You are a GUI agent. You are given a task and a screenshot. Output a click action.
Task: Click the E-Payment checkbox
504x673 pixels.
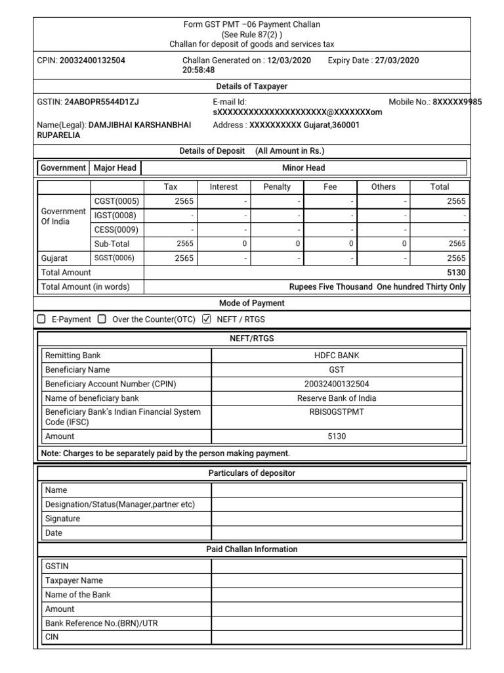pyautogui.click(x=41, y=319)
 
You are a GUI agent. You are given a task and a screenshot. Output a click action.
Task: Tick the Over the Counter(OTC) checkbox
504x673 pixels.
pyautogui.click(x=102, y=319)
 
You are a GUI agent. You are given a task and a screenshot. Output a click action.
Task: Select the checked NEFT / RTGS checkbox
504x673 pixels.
pyautogui.click(x=207, y=319)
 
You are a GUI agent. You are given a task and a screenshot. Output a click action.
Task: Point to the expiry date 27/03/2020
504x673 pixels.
pyautogui.click(x=397, y=60)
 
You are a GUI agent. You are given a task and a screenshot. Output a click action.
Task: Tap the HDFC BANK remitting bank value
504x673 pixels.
pyautogui.click(x=337, y=356)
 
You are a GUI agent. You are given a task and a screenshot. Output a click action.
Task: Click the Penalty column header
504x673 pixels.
pyautogui.click(x=277, y=187)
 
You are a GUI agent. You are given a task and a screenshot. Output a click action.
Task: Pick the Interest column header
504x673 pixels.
pyautogui.click(x=224, y=187)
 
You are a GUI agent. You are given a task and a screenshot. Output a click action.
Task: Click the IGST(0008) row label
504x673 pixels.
pyautogui.click(x=117, y=216)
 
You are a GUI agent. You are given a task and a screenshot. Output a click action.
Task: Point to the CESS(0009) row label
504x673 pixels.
pyautogui.click(x=117, y=230)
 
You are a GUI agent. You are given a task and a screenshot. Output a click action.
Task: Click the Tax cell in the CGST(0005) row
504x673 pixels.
pyautogui.click(x=171, y=201)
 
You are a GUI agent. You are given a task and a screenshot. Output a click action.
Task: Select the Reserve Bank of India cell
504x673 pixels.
pyautogui.click(x=337, y=398)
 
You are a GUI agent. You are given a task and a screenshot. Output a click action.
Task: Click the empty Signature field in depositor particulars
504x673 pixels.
pyautogui.click(x=337, y=519)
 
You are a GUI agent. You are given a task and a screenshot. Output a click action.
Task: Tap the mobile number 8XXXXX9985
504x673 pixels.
pyautogui.click(x=457, y=102)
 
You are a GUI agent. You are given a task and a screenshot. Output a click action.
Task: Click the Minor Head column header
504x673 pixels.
pyautogui.click(x=304, y=168)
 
